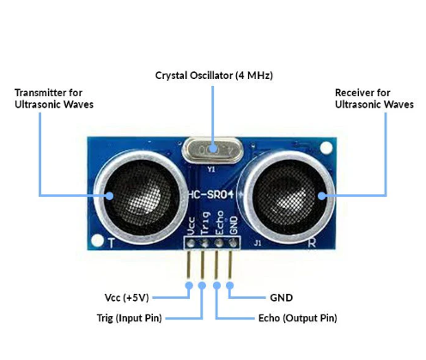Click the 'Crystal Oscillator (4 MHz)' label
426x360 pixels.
coord(214,76)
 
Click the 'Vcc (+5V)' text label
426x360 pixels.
coord(125,298)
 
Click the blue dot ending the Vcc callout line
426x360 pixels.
coord(189,285)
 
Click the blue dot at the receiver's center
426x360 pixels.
coord(325,196)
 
